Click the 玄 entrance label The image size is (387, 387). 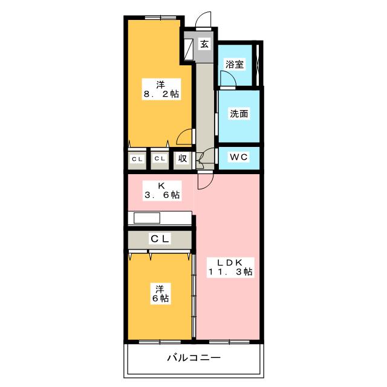pyautogui.click(x=204, y=44)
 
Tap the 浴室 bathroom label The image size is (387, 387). pyautogui.click(x=235, y=64)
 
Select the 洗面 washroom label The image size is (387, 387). pyautogui.click(x=239, y=114)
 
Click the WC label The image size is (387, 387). pyautogui.click(x=239, y=157)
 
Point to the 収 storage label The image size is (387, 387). pyautogui.click(x=183, y=158)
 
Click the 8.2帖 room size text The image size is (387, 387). pyautogui.click(x=161, y=94)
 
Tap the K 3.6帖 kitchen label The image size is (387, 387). pyautogui.click(x=161, y=190)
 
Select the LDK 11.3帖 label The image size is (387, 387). pyautogui.click(x=230, y=267)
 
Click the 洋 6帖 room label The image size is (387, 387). pyautogui.click(x=160, y=293)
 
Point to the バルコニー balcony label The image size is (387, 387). pyautogui.click(x=193, y=357)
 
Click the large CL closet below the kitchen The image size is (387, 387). pyautogui.click(x=160, y=240)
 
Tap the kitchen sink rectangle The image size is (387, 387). pyautogui.click(x=147, y=218)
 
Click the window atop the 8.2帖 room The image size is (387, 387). pyautogui.click(x=160, y=18)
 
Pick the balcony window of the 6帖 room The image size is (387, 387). pyautogui.click(x=160, y=342)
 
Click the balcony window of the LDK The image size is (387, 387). pyautogui.click(x=229, y=342)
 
